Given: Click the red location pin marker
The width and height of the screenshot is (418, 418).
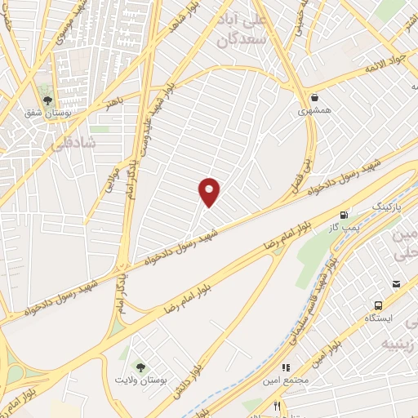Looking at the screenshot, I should [210, 192].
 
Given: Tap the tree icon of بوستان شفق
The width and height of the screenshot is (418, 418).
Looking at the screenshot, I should [47, 102].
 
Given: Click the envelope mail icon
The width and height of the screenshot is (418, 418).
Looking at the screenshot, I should [396, 283].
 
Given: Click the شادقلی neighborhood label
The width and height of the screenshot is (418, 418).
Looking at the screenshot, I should [73, 143].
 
